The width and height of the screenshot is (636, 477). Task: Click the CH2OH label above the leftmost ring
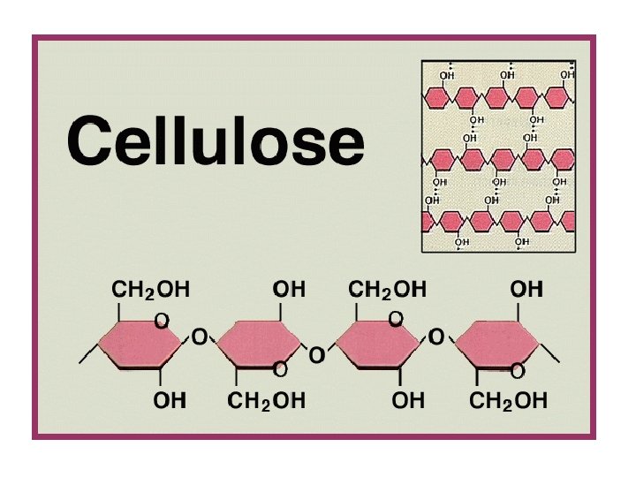[150, 289]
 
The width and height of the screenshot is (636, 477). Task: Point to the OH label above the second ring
[288, 289]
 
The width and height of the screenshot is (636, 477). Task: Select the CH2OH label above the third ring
[387, 289]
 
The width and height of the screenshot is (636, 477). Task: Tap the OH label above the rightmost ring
[526, 289]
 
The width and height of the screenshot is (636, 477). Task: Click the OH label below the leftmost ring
[170, 401]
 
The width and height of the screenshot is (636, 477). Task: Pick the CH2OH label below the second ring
[269, 401]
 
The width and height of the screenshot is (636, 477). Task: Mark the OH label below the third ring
[408, 401]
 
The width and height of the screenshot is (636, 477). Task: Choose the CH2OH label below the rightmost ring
[508, 401]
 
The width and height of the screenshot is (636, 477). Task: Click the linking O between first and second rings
[200, 337]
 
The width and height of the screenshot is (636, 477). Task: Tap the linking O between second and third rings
[316, 356]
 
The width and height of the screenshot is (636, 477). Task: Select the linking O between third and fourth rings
[436, 337]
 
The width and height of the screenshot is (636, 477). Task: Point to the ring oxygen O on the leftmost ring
[163, 322]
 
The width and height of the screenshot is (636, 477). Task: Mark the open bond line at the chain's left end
[87, 355]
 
